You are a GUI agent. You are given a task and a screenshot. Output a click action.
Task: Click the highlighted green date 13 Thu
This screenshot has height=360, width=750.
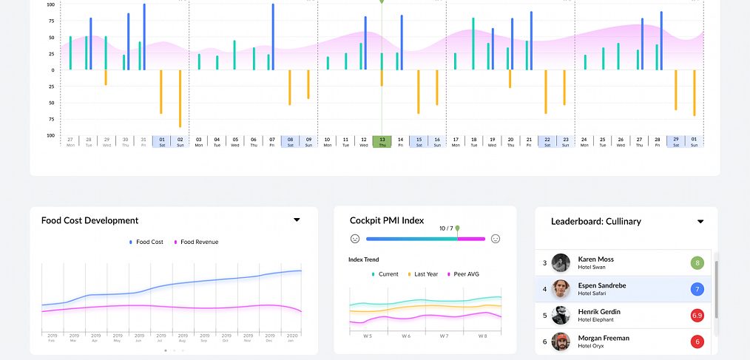point(382,141)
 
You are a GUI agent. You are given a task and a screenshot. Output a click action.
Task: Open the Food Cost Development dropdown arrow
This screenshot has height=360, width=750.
point(297,220)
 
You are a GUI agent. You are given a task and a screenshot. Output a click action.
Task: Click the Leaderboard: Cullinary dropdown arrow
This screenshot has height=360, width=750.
point(700,222)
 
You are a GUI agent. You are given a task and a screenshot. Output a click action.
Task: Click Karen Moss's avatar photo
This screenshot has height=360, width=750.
point(561,263)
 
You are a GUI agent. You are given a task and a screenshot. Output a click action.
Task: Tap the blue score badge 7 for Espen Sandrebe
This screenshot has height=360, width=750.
point(697,289)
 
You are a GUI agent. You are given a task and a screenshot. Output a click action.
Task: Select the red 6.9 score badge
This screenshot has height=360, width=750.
point(697,316)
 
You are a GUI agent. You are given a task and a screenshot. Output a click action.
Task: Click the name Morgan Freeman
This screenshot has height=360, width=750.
point(604,338)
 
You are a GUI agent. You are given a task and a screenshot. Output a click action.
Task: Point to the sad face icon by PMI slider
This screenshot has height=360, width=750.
point(355,239)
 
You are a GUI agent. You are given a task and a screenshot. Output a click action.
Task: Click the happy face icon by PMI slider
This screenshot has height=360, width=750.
point(496,239)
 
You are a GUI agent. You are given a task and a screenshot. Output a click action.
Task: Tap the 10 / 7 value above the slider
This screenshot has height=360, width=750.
point(446,228)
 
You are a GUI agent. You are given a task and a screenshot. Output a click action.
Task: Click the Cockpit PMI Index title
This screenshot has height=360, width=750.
point(387,220)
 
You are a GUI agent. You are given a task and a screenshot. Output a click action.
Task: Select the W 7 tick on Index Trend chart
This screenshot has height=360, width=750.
point(444,336)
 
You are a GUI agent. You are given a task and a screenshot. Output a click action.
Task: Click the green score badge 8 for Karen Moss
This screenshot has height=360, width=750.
point(697,263)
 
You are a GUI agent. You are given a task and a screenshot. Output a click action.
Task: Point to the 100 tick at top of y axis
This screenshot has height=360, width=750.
point(50,4)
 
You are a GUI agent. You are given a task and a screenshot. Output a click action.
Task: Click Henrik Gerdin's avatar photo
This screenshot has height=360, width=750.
point(561,316)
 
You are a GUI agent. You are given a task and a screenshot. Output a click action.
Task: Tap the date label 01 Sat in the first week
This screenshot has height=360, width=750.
point(161,141)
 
